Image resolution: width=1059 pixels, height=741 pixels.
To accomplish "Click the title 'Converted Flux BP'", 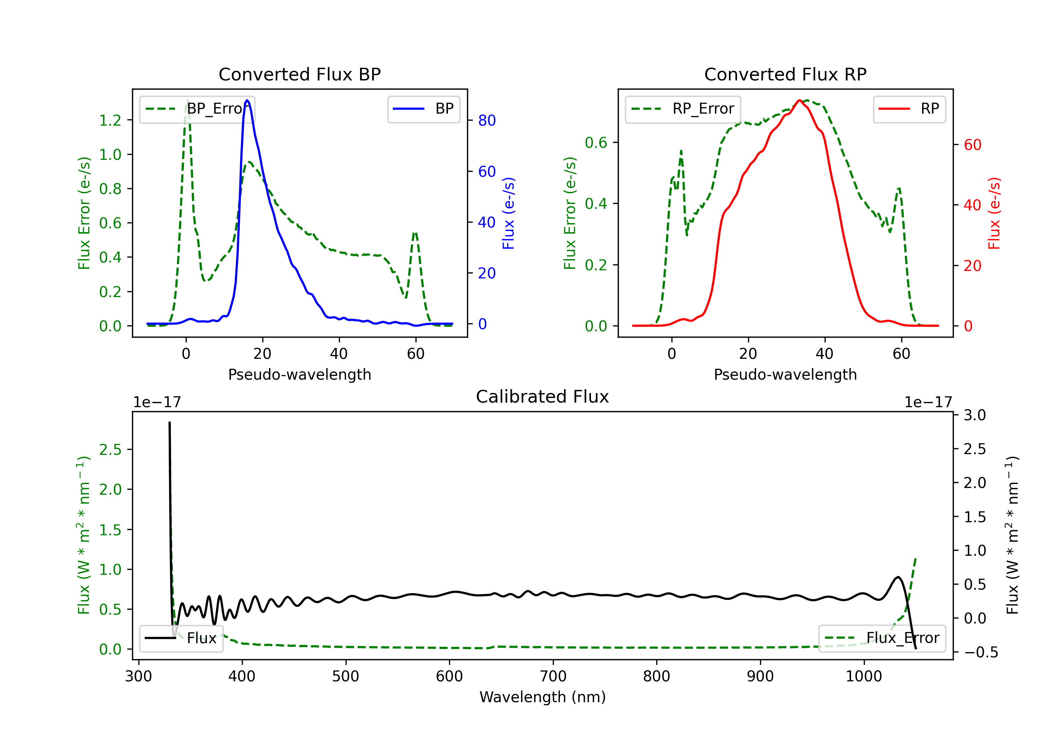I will point(299,74).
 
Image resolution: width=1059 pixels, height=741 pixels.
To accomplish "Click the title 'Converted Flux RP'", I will point(785,74).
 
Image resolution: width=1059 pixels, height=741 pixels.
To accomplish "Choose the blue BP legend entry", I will point(423,109).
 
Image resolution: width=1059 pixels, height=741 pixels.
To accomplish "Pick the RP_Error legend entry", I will point(683,109).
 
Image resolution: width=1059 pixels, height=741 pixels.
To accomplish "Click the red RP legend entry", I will point(909,109).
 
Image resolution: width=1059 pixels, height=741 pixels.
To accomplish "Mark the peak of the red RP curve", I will point(799,100).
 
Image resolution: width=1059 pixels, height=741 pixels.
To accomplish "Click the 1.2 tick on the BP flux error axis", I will point(110,120).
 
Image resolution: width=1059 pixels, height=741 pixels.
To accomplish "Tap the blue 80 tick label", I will point(486,120).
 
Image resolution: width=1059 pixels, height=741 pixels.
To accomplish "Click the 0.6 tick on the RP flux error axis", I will point(596,143).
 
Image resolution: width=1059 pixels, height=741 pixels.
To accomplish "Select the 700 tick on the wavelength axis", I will point(553,676).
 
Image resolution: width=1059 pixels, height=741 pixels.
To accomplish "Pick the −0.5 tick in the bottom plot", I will point(981,652).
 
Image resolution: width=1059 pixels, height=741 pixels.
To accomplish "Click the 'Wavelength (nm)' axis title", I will point(543,697).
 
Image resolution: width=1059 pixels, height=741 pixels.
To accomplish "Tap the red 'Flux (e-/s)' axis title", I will point(994,213).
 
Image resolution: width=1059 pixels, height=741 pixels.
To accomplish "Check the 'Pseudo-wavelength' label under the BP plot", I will point(299,374).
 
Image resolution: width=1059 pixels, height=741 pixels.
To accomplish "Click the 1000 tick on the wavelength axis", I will point(863,676).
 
